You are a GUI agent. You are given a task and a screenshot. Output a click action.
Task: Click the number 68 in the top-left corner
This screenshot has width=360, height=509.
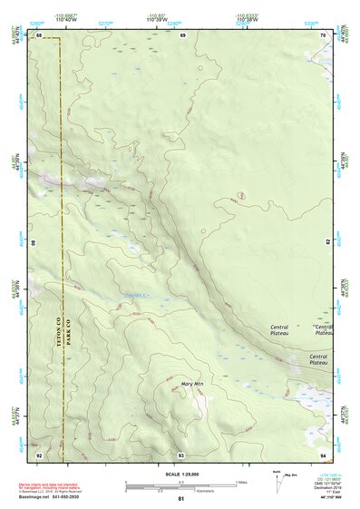coord(38,34)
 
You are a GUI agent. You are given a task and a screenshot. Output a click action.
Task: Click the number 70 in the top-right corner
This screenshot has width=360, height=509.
coord(324,34)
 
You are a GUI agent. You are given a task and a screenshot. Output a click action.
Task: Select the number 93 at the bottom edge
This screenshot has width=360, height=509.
coord(181,455)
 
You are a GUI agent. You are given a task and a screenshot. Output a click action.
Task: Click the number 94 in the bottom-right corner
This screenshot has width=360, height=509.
coord(324,455)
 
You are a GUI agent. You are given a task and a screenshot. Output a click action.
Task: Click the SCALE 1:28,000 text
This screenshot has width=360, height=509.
coord(181,474)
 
